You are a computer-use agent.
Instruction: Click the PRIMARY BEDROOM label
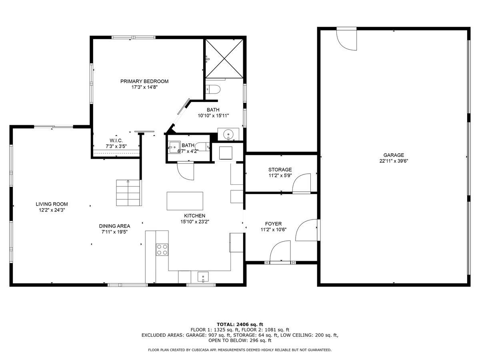click(x=144, y=81)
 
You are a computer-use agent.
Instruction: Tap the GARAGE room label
click(x=394, y=155)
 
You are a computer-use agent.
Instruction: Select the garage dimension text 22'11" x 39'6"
click(x=394, y=161)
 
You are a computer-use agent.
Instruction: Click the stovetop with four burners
click(x=162, y=250)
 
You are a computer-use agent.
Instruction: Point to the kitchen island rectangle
click(x=185, y=201)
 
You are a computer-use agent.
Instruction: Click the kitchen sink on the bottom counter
click(x=204, y=276)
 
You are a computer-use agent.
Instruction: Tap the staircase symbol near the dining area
click(x=128, y=193)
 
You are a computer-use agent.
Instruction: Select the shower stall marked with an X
click(x=224, y=58)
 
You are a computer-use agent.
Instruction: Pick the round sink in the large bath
click(x=228, y=134)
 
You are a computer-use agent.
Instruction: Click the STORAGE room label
click(x=280, y=170)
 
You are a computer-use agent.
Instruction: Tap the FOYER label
click(x=273, y=224)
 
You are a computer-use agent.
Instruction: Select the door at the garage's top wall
click(x=346, y=38)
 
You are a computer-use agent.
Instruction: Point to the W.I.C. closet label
click(x=116, y=140)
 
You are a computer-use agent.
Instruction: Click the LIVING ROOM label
click(x=52, y=204)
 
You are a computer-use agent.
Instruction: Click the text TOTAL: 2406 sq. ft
click(x=240, y=324)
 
